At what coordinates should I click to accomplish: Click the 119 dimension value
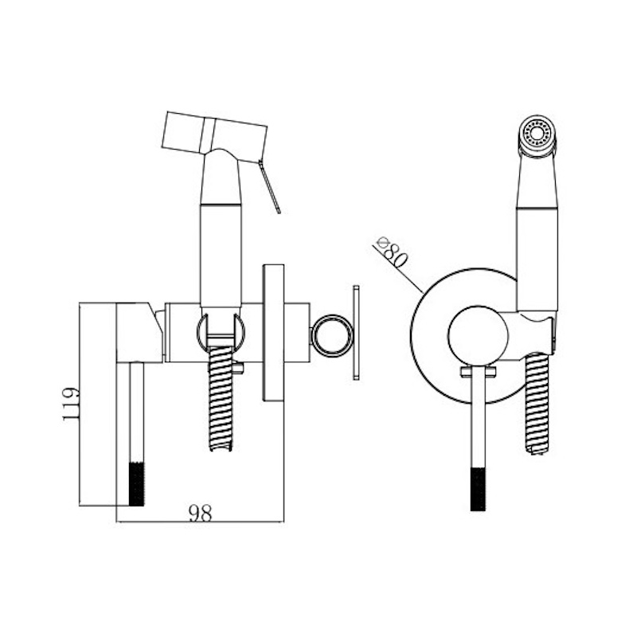click(x=70, y=404)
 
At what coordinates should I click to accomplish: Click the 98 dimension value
click(x=201, y=513)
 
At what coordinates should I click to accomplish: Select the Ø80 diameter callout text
click(x=392, y=252)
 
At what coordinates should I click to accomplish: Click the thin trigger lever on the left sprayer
click(x=269, y=186)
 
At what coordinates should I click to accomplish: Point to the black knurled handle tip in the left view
click(x=136, y=484)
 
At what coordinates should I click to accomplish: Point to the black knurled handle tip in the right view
click(x=479, y=489)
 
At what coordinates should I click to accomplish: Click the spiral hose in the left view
click(x=221, y=399)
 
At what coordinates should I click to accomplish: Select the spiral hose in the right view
click(x=537, y=404)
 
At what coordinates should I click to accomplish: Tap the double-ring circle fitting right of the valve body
click(x=332, y=335)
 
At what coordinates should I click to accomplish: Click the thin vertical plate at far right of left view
click(x=356, y=333)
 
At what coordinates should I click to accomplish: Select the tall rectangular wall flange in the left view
click(x=273, y=333)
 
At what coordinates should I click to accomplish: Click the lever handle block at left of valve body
click(x=139, y=332)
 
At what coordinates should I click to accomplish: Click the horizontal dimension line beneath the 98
click(x=201, y=522)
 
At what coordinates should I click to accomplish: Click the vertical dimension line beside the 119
click(x=80, y=404)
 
